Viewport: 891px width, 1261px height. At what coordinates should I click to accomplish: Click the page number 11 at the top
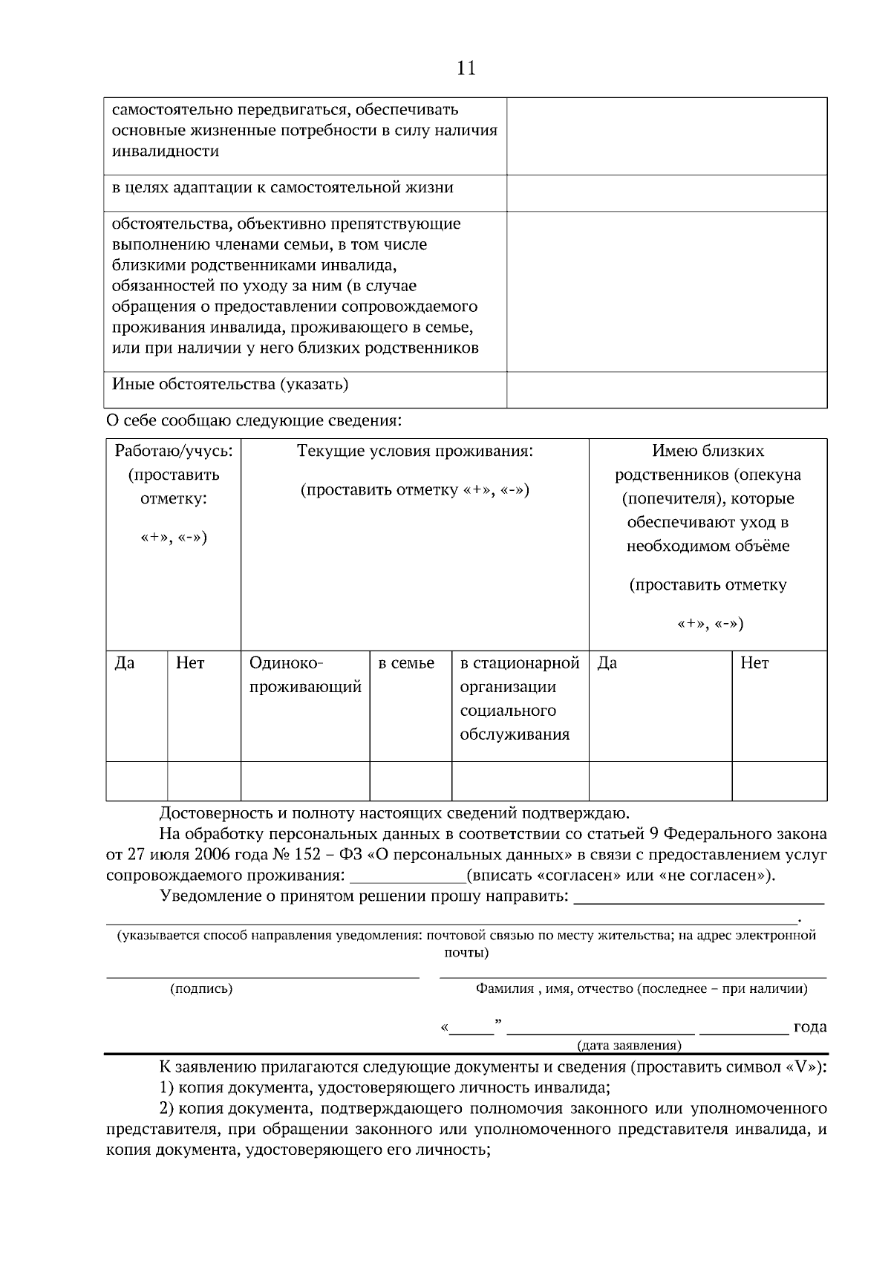click(x=466, y=68)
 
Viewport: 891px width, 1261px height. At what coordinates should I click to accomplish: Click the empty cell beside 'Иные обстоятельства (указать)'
click(x=666, y=389)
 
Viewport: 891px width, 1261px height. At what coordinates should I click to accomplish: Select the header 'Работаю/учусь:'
click(x=173, y=451)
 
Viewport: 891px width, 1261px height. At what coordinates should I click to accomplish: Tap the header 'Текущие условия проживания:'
click(x=414, y=451)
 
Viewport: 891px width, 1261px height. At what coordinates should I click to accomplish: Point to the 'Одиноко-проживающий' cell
click(x=305, y=675)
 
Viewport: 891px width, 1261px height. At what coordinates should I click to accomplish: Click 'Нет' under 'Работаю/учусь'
click(x=190, y=663)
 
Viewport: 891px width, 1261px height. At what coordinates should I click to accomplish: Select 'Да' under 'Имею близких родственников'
click(x=607, y=663)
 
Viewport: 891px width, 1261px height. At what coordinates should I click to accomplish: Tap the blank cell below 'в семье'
click(x=411, y=781)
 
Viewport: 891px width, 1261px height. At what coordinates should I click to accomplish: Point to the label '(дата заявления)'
click(x=629, y=1046)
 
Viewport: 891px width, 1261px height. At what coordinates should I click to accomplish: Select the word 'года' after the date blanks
click(x=809, y=1027)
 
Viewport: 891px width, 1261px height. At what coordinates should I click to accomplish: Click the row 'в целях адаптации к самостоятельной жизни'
click(x=282, y=188)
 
